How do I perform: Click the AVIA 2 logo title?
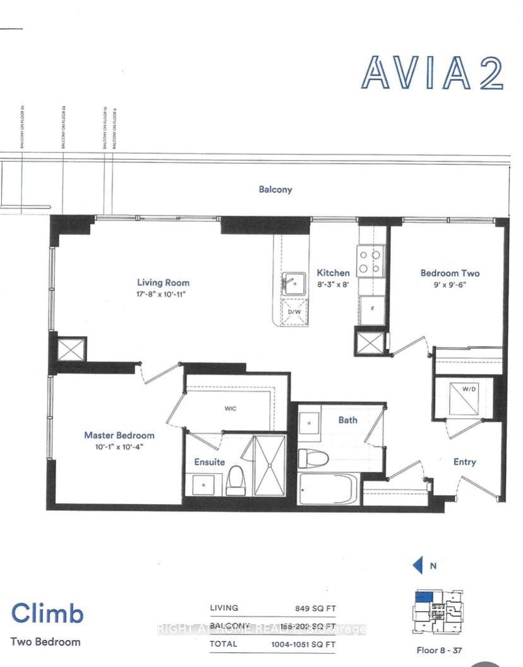(432, 73)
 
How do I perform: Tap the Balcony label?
(275, 189)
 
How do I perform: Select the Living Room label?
(163, 282)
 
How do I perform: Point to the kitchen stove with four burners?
(371, 261)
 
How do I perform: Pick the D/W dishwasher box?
(294, 312)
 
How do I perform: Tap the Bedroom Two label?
(450, 273)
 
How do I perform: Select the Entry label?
(464, 462)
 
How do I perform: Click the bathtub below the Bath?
(328, 490)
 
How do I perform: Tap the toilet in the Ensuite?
(236, 479)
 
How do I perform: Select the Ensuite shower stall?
(269, 465)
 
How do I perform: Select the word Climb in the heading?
(47, 613)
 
